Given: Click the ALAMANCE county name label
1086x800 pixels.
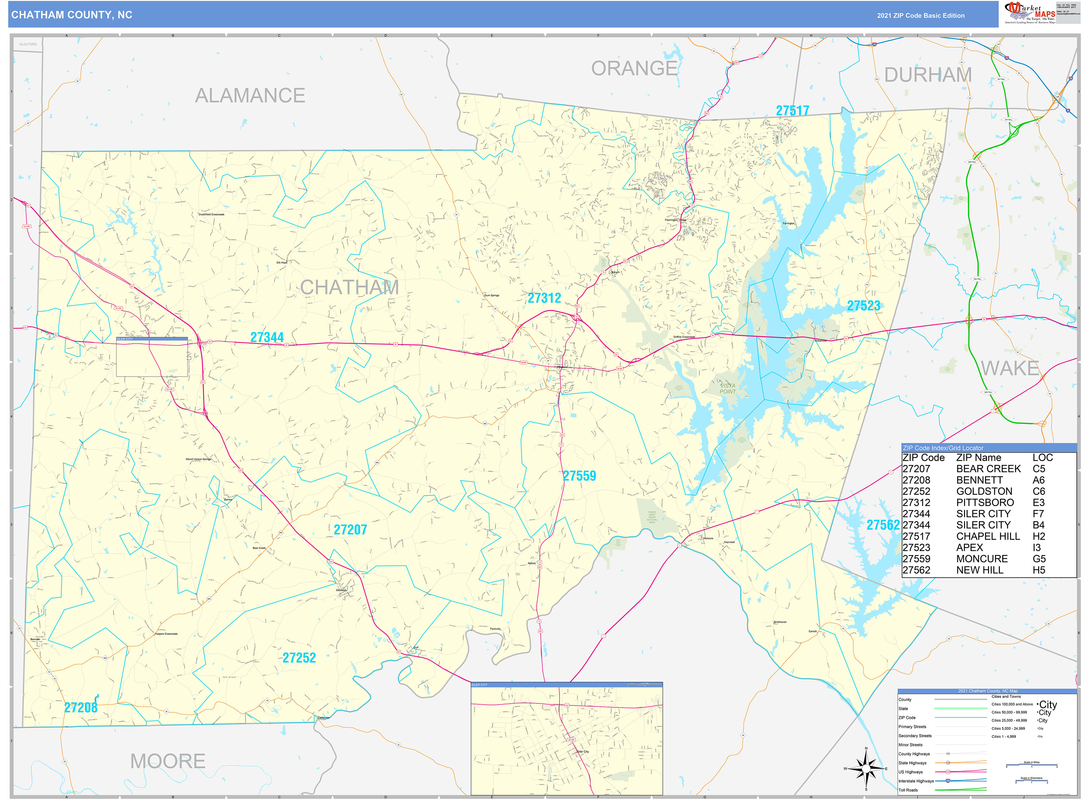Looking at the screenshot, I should (x=250, y=96).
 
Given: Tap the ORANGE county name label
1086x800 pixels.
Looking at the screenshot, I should (x=634, y=69).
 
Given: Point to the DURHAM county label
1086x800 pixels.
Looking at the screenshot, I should (x=928, y=75).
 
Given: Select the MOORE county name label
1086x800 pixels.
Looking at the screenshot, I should (x=168, y=761).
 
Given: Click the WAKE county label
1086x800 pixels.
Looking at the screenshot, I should (x=1010, y=369).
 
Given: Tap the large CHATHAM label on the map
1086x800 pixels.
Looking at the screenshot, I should (x=349, y=288).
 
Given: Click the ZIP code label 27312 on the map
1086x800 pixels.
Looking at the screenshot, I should (x=544, y=298).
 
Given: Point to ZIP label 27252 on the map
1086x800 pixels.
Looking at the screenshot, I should (x=299, y=658).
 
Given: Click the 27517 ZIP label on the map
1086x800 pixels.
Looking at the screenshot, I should (x=792, y=111).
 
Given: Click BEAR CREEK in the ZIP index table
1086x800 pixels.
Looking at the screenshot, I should (x=988, y=469).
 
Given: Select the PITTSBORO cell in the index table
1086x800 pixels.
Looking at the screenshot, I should (x=985, y=503).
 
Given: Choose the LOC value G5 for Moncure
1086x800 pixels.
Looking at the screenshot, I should (x=1039, y=559).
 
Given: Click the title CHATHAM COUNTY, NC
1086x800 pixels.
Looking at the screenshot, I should (x=72, y=15).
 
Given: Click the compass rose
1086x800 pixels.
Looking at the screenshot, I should (x=866, y=769).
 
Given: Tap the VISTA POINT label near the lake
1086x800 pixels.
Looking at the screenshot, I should (x=727, y=388).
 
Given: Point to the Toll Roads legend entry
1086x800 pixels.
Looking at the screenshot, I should (x=908, y=790).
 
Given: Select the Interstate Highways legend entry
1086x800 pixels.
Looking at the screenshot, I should (x=916, y=781).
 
